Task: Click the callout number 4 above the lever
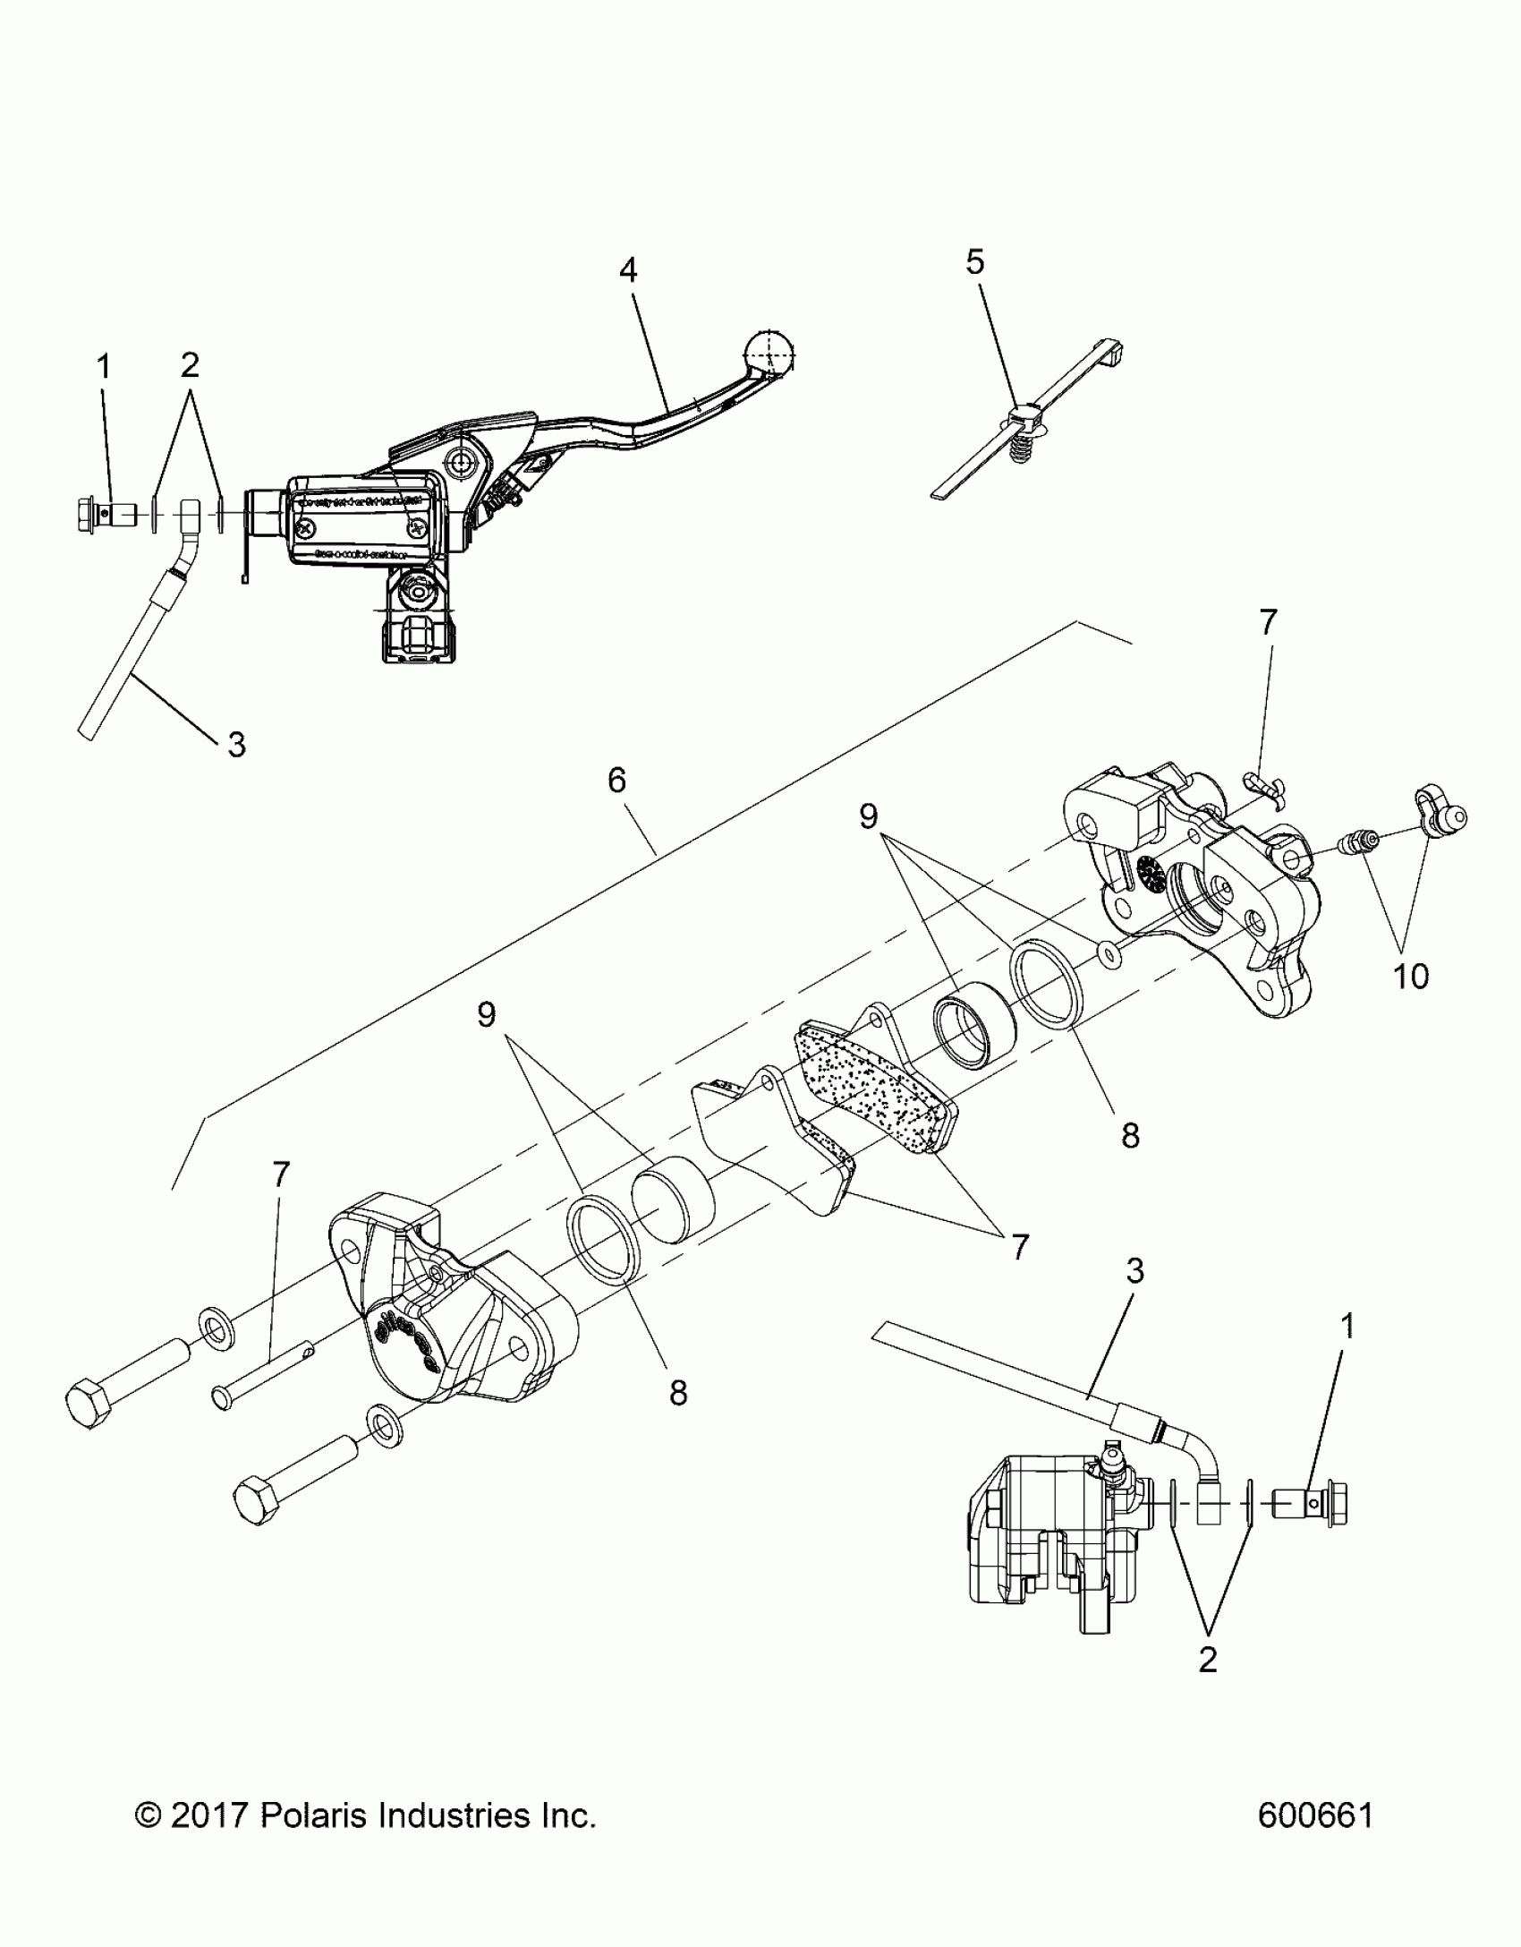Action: coord(628,270)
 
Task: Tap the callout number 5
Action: coord(974,262)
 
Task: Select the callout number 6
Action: coord(616,781)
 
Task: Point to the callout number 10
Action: coord(1410,977)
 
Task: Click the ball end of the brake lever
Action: coord(770,354)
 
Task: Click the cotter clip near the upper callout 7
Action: coord(1266,784)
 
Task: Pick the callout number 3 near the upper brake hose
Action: coord(235,744)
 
